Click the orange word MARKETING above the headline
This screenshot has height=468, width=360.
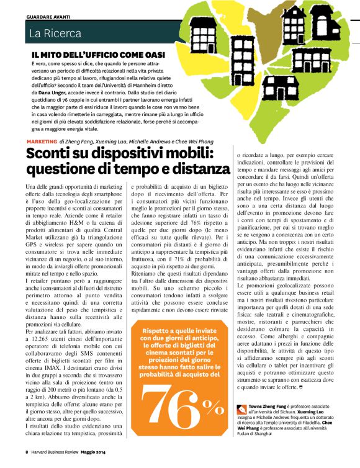42,142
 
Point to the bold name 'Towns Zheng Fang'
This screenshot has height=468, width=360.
269,407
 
